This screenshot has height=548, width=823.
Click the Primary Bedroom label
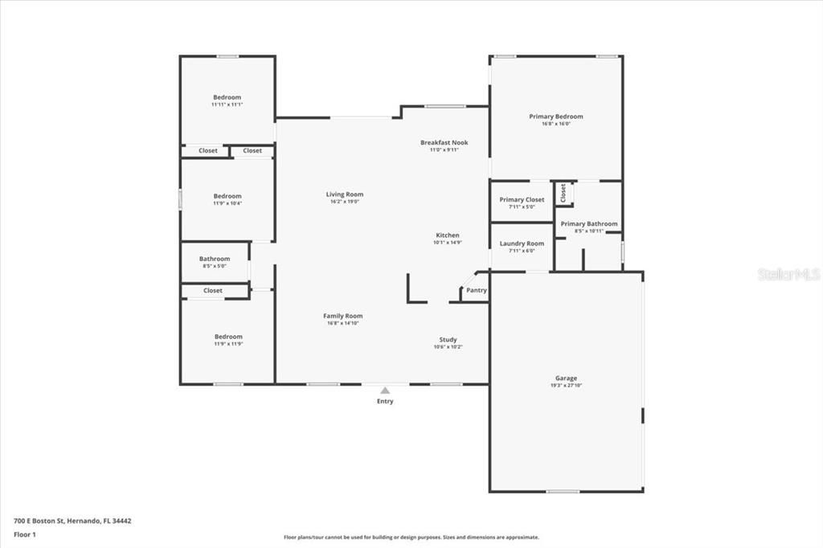click(x=555, y=117)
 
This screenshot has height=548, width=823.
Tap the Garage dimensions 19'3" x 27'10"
click(x=566, y=386)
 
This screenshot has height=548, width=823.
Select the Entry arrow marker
click(x=385, y=391)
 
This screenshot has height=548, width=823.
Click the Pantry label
click(x=477, y=290)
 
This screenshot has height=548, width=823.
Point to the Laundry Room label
click(x=522, y=243)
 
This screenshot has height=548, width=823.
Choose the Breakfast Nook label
click(x=444, y=142)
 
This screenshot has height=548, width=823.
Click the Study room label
click(x=448, y=339)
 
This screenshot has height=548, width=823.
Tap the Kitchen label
click(x=448, y=235)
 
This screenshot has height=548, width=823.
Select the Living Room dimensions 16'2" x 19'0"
click(x=344, y=202)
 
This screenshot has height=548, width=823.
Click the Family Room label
click(x=343, y=316)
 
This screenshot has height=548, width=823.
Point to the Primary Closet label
click(x=522, y=199)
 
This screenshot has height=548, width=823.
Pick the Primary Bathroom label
click(x=589, y=224)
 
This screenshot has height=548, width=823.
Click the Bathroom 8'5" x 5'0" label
click(x=215, y=259)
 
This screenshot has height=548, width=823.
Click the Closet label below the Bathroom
click(x=213, y=290)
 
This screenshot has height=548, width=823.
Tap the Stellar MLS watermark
click(x=788, y=274)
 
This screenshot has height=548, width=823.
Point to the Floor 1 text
click(x=25, y=534)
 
